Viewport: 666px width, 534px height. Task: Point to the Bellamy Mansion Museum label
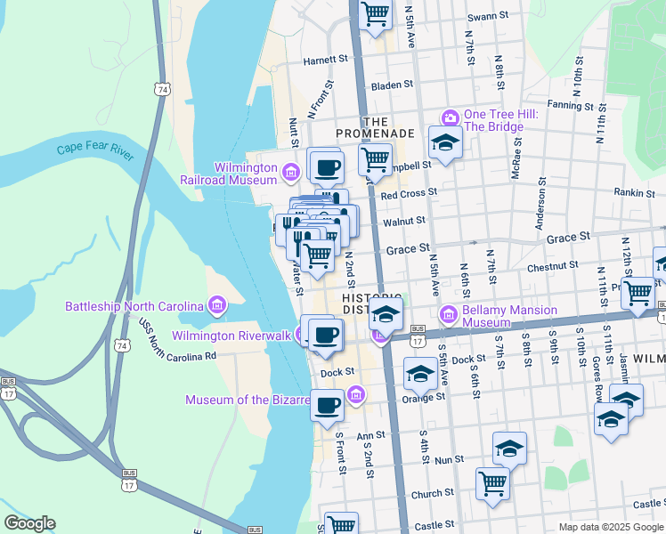[509, 315]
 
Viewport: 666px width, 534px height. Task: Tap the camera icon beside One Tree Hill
[451, 117]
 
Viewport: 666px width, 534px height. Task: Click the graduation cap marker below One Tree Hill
[445, 141]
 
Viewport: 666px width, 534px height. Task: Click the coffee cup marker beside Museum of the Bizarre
[328, 404]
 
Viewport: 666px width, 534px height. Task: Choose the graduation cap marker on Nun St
[509, 448]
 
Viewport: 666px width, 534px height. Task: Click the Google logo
[29, 523]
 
